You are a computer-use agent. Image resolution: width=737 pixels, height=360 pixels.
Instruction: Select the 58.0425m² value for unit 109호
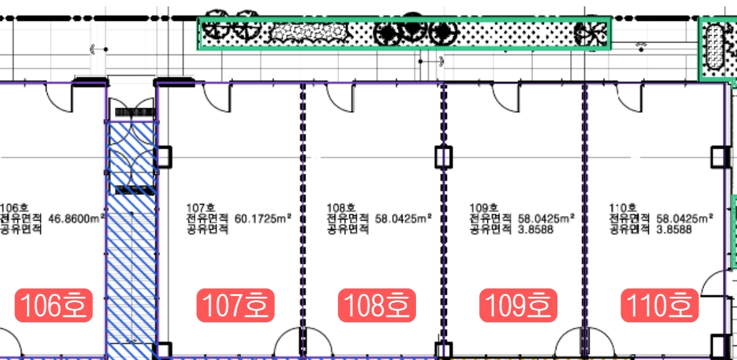[546, 218]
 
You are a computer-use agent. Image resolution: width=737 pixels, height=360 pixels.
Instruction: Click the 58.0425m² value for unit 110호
[685, 218]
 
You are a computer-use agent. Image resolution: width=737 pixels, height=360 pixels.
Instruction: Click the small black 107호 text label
[201, 208]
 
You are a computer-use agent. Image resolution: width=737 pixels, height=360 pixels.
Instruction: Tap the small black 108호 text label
[342, 208]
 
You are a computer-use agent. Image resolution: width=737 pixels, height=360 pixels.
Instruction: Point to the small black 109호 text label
[483, 208]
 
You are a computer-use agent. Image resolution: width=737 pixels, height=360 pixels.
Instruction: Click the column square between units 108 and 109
[443, 157]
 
